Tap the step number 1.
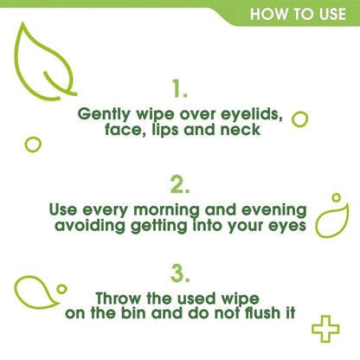tap(179, 89)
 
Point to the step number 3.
tap(179, 273)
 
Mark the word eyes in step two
tap(283, 227)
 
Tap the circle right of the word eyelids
tap(300, 118)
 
